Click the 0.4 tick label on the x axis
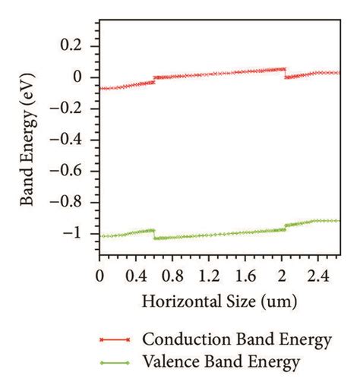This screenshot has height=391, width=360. tap(137, 272)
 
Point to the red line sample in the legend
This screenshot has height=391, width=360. tap(115, 340)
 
